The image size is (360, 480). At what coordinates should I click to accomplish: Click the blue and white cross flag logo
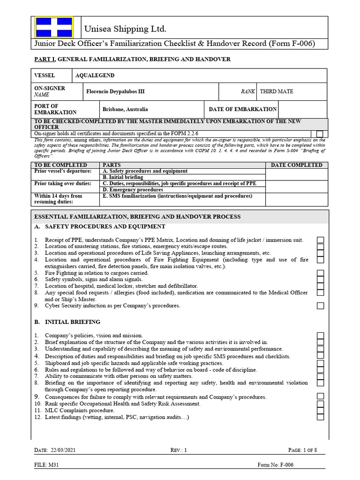click(x=54, y=27)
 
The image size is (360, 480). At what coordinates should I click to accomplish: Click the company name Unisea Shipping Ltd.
click(x=125, y=30)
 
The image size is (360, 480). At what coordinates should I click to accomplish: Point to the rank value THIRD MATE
click(x=276, y=91)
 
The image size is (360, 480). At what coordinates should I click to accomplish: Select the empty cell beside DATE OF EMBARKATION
click(x=302, y=109)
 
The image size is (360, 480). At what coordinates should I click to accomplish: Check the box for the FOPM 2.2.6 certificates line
click(x=320, y=134)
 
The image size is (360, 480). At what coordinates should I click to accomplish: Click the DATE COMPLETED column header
click(x=296, y=165)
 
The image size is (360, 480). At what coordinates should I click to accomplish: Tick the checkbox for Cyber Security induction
click(x=320, y=306)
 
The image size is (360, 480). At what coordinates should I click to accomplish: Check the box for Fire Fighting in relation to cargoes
click(x=320, y=273)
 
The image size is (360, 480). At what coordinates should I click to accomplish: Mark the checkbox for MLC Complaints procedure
click(x=320, y=410)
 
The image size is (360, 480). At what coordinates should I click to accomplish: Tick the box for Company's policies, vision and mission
click(x=320, y=336)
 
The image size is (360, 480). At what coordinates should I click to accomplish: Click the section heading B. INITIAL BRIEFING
click(x=67, y=322)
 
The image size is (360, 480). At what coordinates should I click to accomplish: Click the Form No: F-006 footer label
click(x=276, y=465)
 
